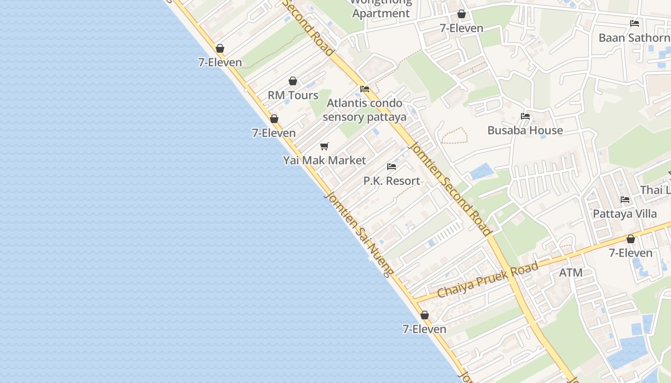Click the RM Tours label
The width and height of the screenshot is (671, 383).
(x=293, y=95)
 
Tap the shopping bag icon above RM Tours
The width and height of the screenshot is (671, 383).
(x=293, y=81)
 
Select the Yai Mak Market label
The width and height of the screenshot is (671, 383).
(x=324, y=160)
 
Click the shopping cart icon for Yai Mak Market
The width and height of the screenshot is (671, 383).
(x=324, y=146)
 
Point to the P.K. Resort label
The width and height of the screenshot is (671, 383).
(x=392, y=181)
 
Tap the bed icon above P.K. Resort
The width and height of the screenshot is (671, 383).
(x=392, y=167)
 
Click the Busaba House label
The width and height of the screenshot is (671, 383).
(x=525, y=130)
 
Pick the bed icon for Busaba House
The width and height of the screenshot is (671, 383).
(x=525, y=116)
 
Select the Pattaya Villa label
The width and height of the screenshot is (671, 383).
(x=625, y=214)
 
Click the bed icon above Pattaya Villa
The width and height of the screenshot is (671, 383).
(x=625, y=200)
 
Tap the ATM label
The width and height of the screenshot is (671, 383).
(x=571, y=273)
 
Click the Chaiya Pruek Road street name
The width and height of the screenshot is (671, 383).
(x=488, y=280)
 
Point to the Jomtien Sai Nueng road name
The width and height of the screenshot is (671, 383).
(x=359, y=234)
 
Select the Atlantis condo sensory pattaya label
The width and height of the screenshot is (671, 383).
(x=364, y=110)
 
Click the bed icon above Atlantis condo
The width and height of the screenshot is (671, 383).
(x=365, y=89)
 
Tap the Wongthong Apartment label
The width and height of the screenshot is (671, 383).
(x=381, y=9)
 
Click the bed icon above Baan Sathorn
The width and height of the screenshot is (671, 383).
(x=635, y=23)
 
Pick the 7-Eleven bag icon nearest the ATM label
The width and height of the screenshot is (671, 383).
(x=631, y=238)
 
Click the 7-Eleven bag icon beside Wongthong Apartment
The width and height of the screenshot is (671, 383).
(x=462, y=14)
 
